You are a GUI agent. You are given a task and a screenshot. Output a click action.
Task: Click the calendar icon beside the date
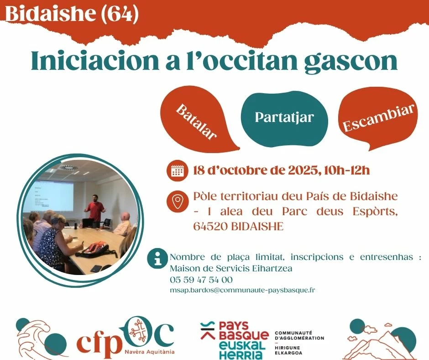[177, 171]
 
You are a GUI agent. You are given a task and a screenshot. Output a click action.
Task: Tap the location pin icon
[178, 201]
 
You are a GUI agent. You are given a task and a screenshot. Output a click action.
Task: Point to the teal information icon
[157, 259]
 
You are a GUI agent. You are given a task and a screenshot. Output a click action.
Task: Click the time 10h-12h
[347, 170]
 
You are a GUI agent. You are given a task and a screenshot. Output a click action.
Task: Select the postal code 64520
[211, 227]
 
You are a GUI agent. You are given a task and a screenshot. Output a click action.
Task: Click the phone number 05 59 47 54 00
[201, 280]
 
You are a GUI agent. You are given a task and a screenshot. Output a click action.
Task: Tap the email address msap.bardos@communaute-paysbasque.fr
[242, 290]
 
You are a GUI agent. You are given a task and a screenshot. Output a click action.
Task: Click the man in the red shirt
[95, 208]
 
